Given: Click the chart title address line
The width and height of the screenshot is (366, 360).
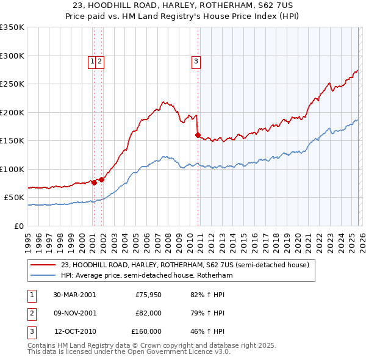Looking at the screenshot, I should point(183,5).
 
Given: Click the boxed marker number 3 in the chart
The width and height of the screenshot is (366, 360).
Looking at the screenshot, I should point(196,60).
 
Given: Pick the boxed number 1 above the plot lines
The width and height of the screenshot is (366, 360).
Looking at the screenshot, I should point(92,60).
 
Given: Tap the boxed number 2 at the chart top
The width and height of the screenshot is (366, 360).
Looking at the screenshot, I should point(99,60).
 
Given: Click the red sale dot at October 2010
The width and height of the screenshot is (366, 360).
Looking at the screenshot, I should point(198,135).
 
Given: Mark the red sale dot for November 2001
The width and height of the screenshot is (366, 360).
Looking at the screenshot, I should point(101,179).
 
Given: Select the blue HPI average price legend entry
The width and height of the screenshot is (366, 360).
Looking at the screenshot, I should point(146,275).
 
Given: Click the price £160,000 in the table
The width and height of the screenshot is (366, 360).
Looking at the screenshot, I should point(146,331).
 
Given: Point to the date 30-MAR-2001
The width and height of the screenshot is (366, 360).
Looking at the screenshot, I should point(74,295).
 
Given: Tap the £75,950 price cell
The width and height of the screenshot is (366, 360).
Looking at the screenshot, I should point(148,295).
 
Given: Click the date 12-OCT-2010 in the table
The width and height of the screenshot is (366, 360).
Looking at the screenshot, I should point(75,331).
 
